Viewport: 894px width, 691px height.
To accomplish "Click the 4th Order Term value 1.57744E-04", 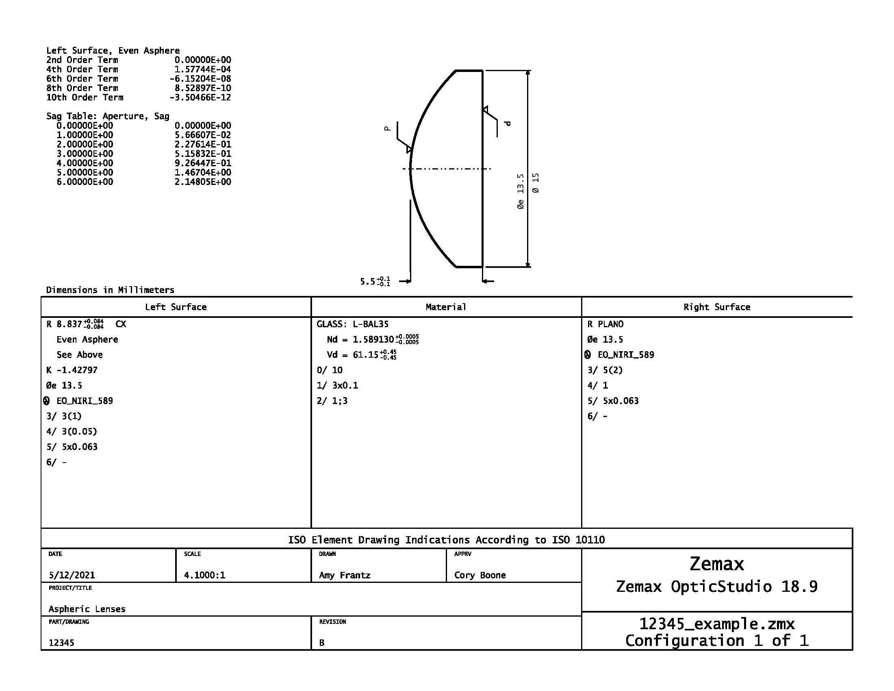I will (x=203, y=69).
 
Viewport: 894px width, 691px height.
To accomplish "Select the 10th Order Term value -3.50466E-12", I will (x=200, y=98).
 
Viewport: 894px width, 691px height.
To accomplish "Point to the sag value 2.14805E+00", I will (x=203, y=182).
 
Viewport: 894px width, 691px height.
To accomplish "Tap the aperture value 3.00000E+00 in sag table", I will (x=85, y=154).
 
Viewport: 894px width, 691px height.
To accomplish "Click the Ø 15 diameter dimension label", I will (x=536, y=183).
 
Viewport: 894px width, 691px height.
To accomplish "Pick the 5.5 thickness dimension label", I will (x=368, y=281).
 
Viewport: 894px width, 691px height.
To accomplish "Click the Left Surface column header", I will (x=176, y=307).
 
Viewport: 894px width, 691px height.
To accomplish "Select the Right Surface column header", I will (x=717, y=307).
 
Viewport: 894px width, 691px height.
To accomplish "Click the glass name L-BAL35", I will (x=371, y=324).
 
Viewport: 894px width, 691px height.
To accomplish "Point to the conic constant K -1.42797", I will (x=72, y=370).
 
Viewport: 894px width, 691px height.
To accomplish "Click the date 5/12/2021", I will (x=72, y=575).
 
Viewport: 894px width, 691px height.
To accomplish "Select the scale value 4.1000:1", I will (x=204, y=575).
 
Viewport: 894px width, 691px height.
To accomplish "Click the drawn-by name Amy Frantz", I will (x=345, y=575).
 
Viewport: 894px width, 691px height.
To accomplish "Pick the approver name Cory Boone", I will (x=480, y=575).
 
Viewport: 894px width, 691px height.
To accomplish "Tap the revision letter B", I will (x=322, y=643).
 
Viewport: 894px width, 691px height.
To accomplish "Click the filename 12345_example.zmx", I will (x=717, y=624).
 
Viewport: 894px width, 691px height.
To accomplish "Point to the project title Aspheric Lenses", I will (x=87, y=609).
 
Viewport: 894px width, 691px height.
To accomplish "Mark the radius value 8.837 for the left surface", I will (x=69, y=324).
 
